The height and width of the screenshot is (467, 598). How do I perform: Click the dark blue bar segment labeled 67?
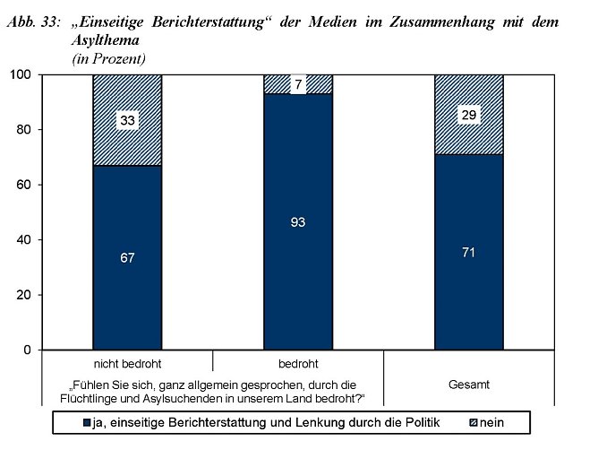click(x=126, y=258)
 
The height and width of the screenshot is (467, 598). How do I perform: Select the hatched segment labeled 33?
click(x=126, y=120)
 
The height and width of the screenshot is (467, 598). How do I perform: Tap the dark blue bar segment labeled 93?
click(x=298, y=221)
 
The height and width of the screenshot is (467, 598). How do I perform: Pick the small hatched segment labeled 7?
click(x=298, y=84)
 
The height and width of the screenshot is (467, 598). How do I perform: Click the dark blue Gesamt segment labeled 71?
click(x=468, y=252)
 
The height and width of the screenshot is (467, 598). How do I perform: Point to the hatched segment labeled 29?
click(x=468, y=115)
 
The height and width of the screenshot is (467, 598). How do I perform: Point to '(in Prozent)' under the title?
click(x=108, y=58)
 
